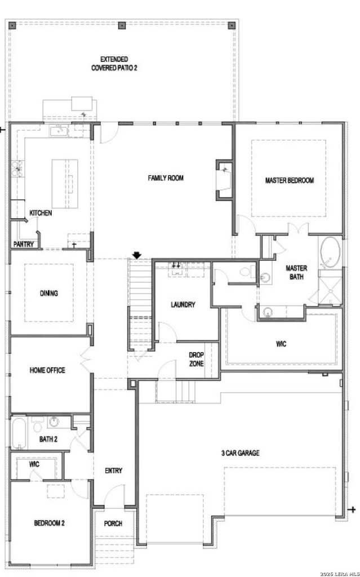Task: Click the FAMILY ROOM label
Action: pyautogui.click(x=166, y=178)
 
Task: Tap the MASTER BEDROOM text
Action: pyautogui.click(x=290, y=180)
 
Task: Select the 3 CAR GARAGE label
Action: pyautogui.click(x=240, y=453)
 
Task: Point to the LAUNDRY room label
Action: pyautogui.click(x=183, y=305)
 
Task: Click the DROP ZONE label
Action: pyautogui.click(x=196, y=359)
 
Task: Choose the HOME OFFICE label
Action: pyautogui.click(x=47, y=370)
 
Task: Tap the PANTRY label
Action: pyautogui.click(x=24, y=244)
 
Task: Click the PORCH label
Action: pyautogui.click(x=113, y=523)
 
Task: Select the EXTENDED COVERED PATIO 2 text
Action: pyautogui.click(x=114, y=64)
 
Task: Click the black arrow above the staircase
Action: pyautogui.click(x=137, y=255)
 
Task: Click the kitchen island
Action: pyautogui.click(x=65, y=184)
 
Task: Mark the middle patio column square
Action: pyautogui.click(x=122, y=25)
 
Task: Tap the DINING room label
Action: pyautogui.click(x=49, y=293)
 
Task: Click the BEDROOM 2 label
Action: pyautogui.click(x=50, y=523)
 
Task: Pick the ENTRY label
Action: pyautogui.click(x=113, y=471)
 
